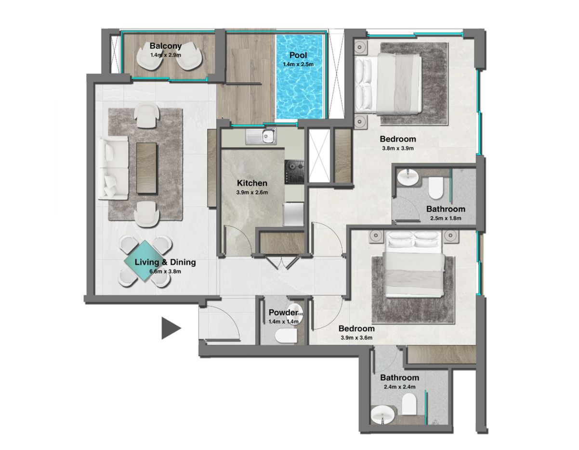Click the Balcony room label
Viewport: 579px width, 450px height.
(166, 46)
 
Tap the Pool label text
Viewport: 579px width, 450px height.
(298, 55)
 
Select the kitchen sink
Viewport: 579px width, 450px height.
(261, 137)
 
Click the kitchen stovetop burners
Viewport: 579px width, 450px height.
(294, 172)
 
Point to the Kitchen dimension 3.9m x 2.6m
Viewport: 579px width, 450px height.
(252, 192)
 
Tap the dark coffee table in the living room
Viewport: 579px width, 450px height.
(146, 168)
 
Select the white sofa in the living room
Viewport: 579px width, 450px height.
(114, 168)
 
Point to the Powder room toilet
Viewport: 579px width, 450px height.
(286, 336)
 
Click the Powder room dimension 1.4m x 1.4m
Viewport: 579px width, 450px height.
(284, 322)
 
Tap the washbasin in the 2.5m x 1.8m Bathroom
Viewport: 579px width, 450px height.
(408, 178)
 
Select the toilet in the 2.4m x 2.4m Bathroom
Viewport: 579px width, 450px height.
(409, 404)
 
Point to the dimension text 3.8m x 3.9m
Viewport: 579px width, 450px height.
(398, 149)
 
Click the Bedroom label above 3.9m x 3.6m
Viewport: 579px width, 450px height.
(356, 328)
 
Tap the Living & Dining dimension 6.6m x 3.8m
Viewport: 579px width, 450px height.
(165, 272)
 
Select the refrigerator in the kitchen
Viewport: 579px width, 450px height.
(294, 214)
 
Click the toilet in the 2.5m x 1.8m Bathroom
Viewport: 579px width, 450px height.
(435, 188)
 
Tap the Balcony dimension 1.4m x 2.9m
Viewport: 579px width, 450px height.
(166, 55)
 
